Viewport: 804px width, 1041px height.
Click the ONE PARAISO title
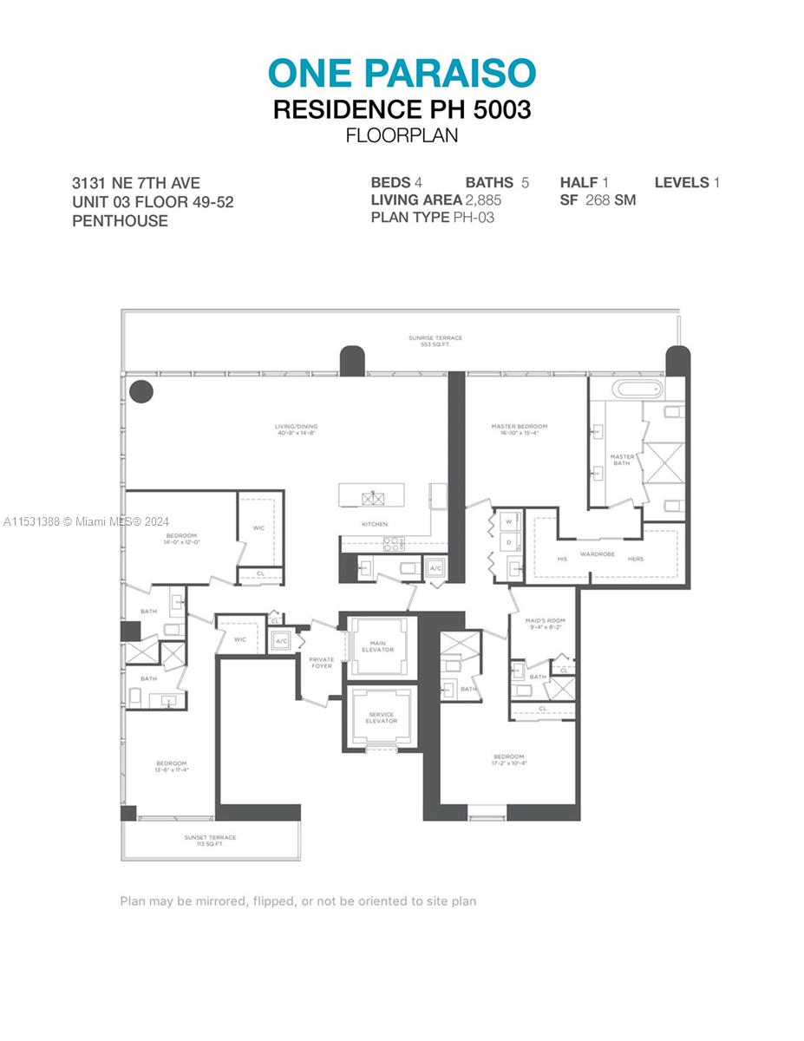[402, 74]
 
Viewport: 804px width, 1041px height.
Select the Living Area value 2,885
[483, 200]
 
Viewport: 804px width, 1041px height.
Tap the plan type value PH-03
[474, 218]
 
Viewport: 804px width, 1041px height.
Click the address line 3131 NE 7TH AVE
[136, 183]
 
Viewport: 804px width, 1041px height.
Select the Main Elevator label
[377, 646]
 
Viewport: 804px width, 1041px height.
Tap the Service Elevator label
[381, 717]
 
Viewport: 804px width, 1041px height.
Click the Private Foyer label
[322, 663]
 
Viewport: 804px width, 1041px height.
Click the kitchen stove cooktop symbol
[393, 544]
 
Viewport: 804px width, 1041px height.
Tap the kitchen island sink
[375, 498]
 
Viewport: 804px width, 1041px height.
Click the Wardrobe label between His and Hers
[598, 553]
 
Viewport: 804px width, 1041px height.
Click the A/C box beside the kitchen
[435, 568]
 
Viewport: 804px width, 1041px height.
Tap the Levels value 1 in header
[716, 183]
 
